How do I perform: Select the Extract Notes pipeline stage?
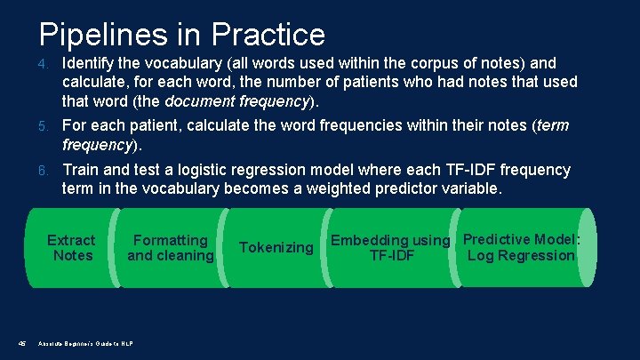click(x=71, y=248)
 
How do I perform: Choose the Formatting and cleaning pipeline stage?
click(x=170, y=248)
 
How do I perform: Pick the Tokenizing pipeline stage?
click(x=276, y=247)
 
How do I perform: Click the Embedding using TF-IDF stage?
click(x=391, y=248)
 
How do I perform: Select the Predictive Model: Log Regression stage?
click(x=521, y=247)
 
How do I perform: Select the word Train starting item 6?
click(x=81, y=169)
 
